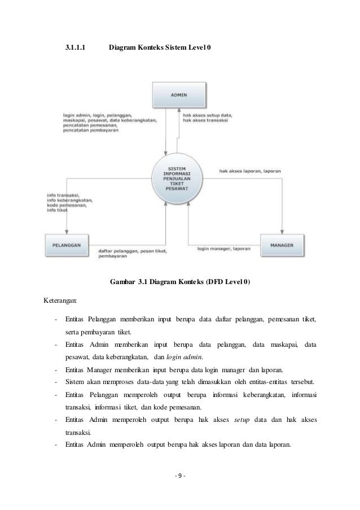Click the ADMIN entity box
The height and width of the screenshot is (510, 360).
coord(179,95)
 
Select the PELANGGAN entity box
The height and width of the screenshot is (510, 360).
coord(67,245)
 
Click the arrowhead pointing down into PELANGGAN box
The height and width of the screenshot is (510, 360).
coord(67,231)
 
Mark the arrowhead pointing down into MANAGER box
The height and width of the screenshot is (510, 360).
coord(283,231)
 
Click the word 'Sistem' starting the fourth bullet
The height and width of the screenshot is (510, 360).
coord(75,381)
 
